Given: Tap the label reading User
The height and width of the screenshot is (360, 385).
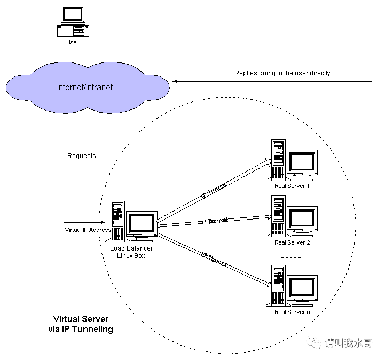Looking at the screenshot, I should coord(72,42).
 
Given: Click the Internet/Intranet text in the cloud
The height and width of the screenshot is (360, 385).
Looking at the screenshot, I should coord(85,87).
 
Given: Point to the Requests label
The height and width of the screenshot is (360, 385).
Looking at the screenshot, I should coord(82,155).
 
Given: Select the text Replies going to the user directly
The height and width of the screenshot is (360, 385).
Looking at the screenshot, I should coord(282,73).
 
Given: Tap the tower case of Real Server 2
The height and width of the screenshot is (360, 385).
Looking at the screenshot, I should coord(278,216).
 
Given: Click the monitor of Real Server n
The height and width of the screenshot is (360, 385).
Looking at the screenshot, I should coord(302,288).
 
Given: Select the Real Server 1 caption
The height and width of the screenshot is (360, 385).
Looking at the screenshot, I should coord(292,186).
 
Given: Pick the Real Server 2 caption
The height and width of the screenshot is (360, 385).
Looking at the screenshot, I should coord(292,242).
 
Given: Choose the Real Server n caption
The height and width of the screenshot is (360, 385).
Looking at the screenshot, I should coord(292,312).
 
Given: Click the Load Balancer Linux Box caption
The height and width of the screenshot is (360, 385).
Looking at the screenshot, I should coord(131,252).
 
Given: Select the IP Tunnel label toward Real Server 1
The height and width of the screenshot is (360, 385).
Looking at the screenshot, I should coord(213,192).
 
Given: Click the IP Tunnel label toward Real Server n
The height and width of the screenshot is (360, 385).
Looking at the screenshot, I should coord(214,260).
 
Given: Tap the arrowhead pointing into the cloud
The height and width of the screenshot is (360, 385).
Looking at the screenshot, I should coord(175,81).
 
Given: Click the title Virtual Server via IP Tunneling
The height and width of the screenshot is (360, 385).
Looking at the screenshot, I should coord(81,324).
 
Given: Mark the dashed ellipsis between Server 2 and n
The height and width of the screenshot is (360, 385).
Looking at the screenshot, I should coord(292,257).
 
